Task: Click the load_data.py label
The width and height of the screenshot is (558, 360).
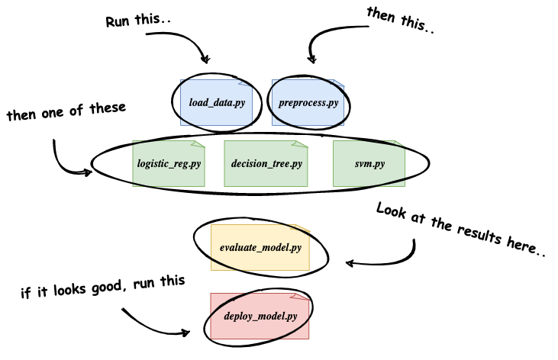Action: tap(216, 102)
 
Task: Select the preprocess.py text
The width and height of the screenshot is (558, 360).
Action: tap(308, 102)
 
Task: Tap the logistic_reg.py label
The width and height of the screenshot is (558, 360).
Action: tap(169, 163)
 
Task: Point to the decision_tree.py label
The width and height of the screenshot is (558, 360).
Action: tap(266, 163)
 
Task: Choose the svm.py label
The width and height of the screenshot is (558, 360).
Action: tap(369, 163)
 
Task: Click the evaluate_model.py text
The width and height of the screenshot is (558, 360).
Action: tap(260, 247)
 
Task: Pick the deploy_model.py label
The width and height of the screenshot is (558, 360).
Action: tap(260, 316)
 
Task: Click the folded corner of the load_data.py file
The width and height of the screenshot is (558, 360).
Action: tap(247, 83)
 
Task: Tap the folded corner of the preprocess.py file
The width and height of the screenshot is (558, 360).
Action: tap(338, 83)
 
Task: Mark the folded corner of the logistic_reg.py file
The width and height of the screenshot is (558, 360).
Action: tap(200, 144)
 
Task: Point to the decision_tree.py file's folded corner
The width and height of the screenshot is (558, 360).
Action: tap(303, 144)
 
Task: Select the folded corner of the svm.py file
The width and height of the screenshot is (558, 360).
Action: tap(400, 144)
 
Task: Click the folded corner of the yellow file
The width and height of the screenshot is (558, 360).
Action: tap(305, 228)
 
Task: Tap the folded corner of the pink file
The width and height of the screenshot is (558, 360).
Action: tap(304, 297)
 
